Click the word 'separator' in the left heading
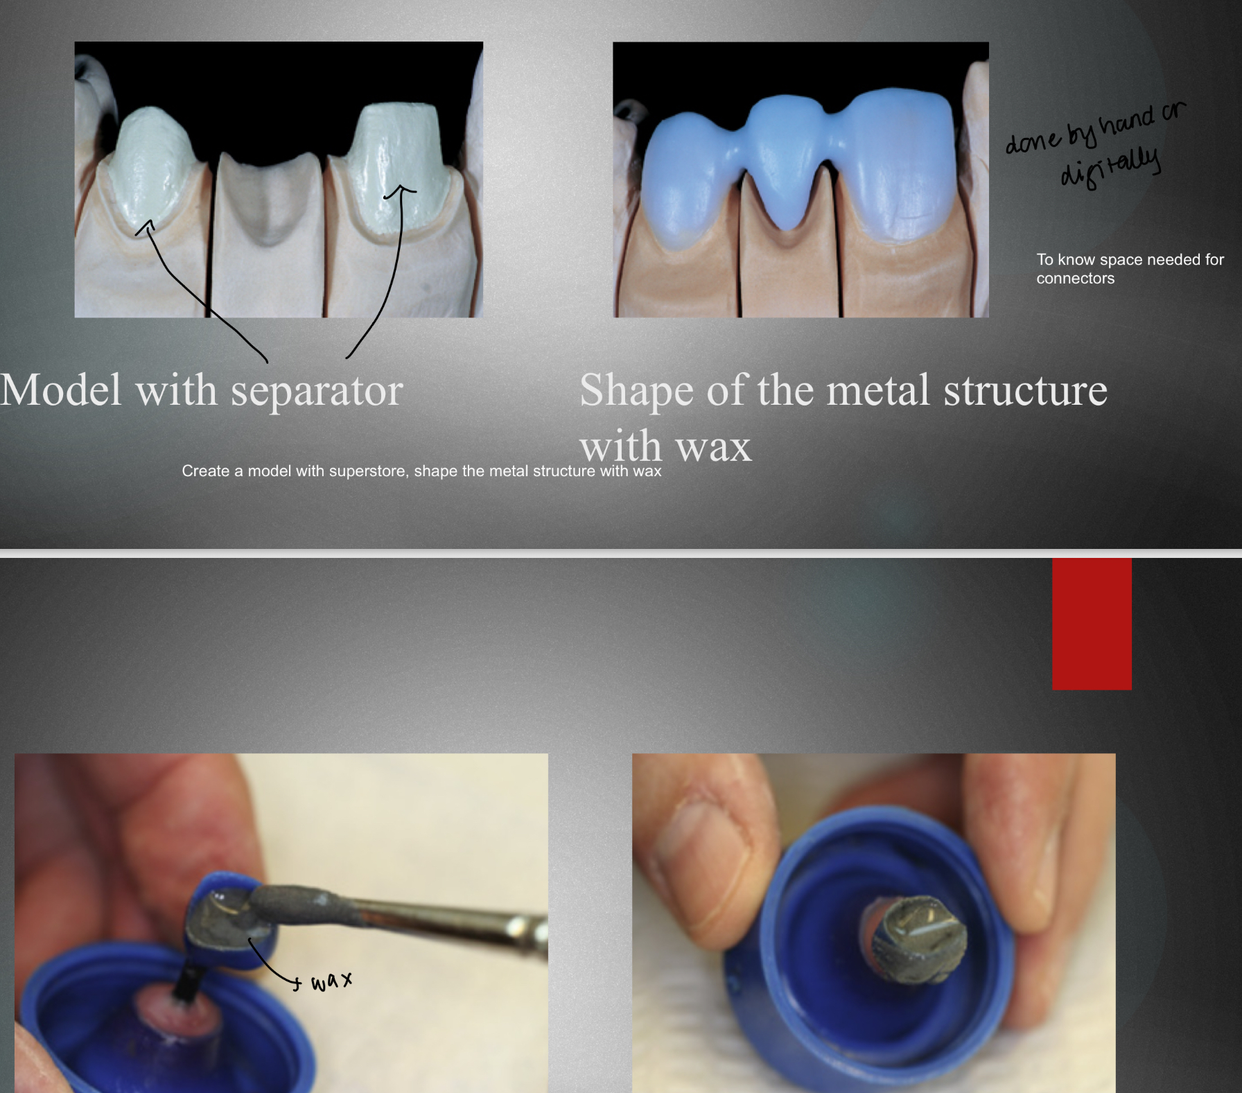[x=317, y=391]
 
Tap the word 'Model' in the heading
[x=61, y=390]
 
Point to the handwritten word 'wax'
[x=331, y=981]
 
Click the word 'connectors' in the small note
[x=1075, y=279]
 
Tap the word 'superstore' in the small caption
[x=367, y=471]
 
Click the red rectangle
[x=1092, y=624]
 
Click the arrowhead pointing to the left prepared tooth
[x=146, y=225]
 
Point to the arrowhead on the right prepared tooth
[x=401, y=189]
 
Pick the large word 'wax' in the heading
[x=713, y=447]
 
